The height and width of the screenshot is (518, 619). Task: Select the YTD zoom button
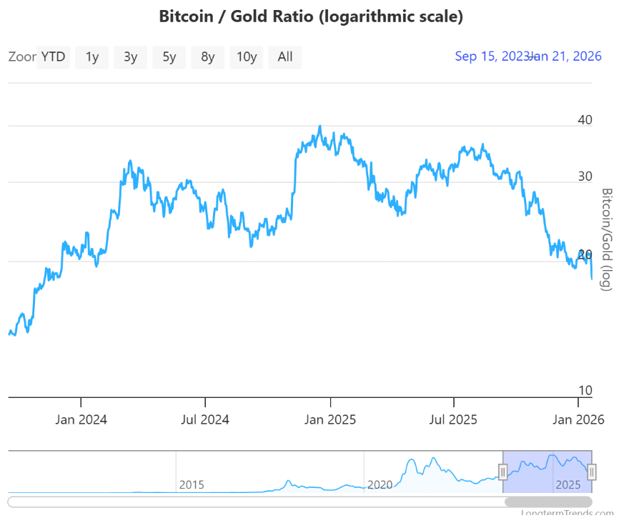pos(54,57)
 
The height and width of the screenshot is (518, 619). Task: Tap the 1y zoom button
pos(92,57)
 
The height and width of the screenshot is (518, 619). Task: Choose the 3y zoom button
pos(131,57)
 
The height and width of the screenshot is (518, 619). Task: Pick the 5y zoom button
pos(169,57)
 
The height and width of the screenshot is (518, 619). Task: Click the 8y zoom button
pos(208,57)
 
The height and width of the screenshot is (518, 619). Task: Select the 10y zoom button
pos(247,57)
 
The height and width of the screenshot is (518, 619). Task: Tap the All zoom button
pos(285,57)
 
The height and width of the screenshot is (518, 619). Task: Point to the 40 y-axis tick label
pos(585,120)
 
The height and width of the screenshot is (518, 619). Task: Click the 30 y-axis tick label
pos(585,176)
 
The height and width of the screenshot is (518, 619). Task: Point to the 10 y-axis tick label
pos(585,391)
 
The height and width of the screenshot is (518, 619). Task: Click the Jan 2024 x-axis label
pos(81,419)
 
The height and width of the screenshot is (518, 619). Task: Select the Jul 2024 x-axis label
pos(205,419)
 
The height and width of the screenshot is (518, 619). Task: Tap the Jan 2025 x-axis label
pos(330,419)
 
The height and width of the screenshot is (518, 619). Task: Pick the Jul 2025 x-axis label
pos(454,419)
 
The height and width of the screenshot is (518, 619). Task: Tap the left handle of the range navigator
pos(502,472)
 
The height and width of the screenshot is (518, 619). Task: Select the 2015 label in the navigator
pos(192,485)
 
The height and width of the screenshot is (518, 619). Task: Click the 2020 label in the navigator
pos(380,485)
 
